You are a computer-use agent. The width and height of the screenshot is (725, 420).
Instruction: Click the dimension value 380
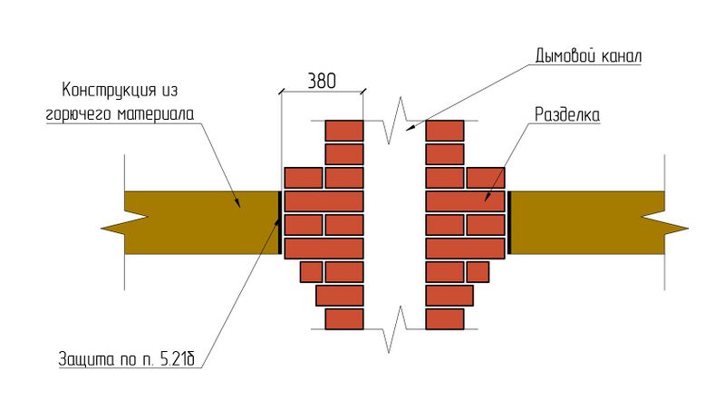click(x=322, y=80)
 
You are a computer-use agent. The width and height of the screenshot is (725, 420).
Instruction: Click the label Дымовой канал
click(x=587, y=56)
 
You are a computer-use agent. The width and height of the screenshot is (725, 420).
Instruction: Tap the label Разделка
click(x=568, y=115)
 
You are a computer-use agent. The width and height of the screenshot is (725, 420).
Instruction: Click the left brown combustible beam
click(x=199, y=221)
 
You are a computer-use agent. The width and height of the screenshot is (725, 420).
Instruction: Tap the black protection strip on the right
click(x=509, y=221)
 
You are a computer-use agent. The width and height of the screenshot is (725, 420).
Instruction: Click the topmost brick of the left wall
click(x=344, y=131)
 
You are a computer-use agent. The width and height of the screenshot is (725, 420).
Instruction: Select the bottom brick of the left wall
click(x=344, y=319)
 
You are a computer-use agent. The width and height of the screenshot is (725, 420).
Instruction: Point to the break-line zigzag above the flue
click(x=396, y=127)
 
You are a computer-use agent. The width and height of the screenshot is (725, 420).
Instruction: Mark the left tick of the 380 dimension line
click(x=280, y=90)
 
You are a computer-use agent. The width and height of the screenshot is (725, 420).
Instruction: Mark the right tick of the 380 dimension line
click(x=364, y=90)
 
